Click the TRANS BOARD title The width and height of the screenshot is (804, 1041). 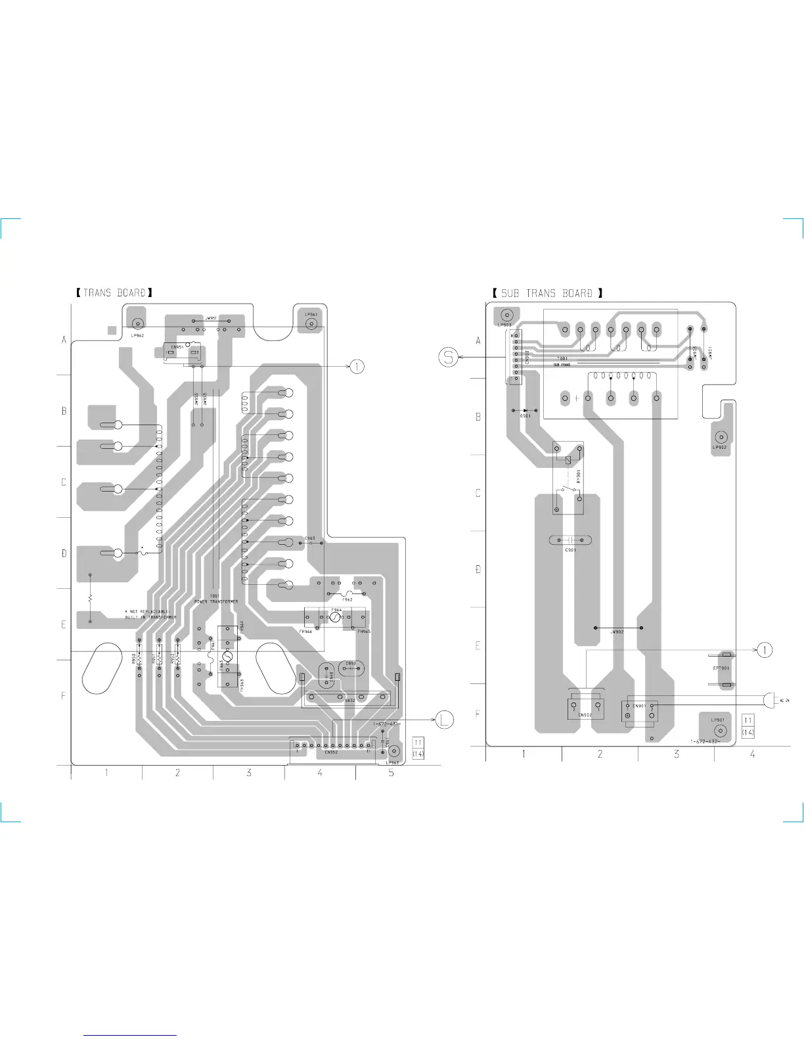[114, 292]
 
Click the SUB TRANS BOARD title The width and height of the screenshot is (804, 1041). [547, 293]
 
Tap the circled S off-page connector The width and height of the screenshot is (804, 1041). [449, 358]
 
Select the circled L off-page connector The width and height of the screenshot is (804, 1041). [445, 719]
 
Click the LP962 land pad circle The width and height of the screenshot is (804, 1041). [138, 323]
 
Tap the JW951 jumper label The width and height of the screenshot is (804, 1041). [212, 317]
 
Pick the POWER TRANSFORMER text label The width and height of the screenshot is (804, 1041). [216, 601]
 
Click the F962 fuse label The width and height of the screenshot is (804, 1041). [347, 599]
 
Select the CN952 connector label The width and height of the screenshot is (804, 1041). [331, 752]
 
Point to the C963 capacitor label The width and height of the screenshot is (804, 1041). [309, 538]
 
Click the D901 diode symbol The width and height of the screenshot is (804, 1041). [525, 410]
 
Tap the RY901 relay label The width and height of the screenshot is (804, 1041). [579, 476]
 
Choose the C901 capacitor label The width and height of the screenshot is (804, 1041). [570, 549]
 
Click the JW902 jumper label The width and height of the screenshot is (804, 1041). [616, 632]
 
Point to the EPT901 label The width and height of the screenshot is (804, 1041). [721, 668]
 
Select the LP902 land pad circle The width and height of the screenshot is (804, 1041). [721, 437]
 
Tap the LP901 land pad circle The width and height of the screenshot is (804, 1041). [720, 731]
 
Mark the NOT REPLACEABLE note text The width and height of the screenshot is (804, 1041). [150, 612]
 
